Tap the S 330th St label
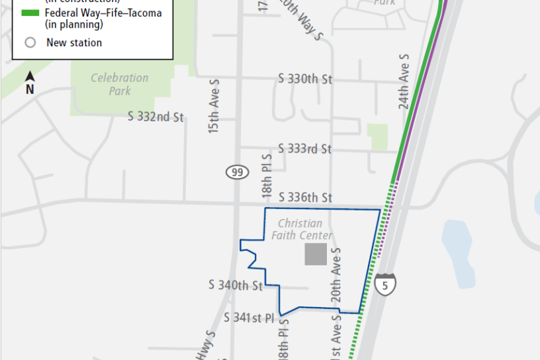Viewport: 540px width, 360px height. pos(305,79)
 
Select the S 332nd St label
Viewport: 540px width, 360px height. pos(156,117)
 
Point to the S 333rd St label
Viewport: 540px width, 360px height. pos(305,149)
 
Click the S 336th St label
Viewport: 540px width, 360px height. pos(305,197)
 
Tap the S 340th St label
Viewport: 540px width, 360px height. pos(236,285)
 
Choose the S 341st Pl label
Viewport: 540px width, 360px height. pos(249,318)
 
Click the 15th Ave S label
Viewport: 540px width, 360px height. pos(214,107)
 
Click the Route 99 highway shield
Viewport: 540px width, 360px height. pos(236,173)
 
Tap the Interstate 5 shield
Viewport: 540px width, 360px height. pos(386,283)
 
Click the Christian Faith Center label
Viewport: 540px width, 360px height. pos(301,230)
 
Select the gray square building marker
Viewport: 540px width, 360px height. pos(316,254)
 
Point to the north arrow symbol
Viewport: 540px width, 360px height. pos(30,85)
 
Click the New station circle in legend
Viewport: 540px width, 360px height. pos(30,43)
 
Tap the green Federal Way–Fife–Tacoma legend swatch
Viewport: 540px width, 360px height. pos(30,13)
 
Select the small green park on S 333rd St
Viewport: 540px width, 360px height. pos(379,137)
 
